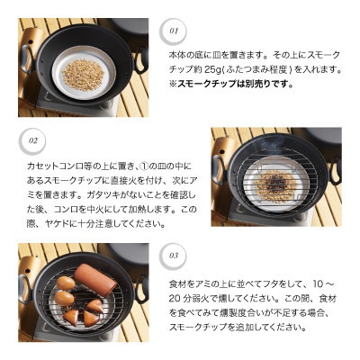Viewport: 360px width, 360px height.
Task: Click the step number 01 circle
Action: point(175,31)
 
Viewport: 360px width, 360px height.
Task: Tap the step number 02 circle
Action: point(33,141)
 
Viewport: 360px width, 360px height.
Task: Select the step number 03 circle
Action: point(174,255)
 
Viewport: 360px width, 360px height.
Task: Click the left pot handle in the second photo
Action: point(218,169)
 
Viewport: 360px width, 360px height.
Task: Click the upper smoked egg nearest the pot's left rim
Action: point(66,283)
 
